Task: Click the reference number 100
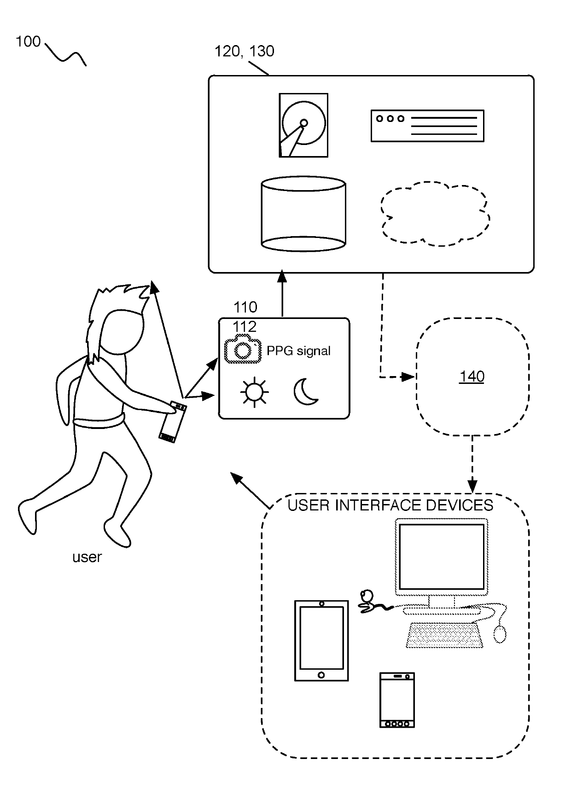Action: (28, 41)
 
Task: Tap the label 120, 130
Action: (245, 52)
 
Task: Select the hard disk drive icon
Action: (303, 125)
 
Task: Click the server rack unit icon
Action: (427, 126)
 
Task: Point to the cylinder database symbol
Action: (303, 214)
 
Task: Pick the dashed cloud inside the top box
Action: (435, 214)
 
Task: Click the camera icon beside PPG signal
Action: (243, 349)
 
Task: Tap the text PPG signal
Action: (298, 351)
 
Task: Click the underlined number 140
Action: (472, 377)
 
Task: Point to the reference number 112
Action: (245, 327)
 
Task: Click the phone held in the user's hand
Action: (173, 422)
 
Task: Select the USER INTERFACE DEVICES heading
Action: (390, 505)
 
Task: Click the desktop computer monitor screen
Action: (442, 556)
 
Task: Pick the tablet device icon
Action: (321, 641)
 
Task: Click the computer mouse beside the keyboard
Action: (500, 634)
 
